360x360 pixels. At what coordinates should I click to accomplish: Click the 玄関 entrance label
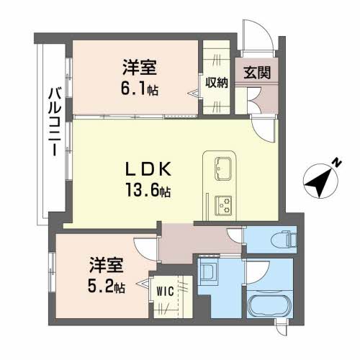coord(257,73)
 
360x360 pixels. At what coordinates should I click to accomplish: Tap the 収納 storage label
coord(217,83)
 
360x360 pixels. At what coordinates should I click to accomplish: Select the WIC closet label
coord(165,292)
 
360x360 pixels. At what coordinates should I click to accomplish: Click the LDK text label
coord(148,169)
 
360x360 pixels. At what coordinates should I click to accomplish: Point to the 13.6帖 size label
coord(148,189)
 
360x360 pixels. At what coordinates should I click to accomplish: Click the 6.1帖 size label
coord(140,89)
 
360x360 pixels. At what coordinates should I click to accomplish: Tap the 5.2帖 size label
coord(107,287)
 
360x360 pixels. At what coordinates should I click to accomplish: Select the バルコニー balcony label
coord(55,122)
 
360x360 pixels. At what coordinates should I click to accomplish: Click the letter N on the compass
coord(337,163)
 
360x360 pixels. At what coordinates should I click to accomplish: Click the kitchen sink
coord(223,168)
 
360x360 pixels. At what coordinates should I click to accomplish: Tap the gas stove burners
coord(223,205)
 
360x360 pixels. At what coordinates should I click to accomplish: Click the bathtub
coord(269,305)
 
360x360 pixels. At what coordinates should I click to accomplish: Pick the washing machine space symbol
coord(208,271)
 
